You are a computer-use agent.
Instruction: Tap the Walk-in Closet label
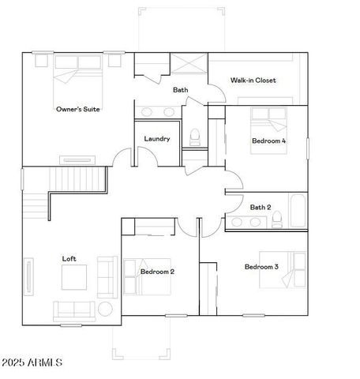[253, 80]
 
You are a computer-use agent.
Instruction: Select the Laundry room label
[157, 139]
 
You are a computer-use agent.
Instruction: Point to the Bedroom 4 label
[268, 141]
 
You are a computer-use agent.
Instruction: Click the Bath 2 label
[260, 208]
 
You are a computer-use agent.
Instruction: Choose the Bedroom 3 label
[261, 267]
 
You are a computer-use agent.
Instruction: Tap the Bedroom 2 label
[157, 271]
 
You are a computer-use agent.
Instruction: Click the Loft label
[69, 258]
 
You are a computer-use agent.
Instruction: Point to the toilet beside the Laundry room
[195, 138]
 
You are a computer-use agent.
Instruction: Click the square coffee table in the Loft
[75, 277]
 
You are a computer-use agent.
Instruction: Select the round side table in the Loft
[105, 308]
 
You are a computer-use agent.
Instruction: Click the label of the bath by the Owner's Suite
[180, 90]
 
